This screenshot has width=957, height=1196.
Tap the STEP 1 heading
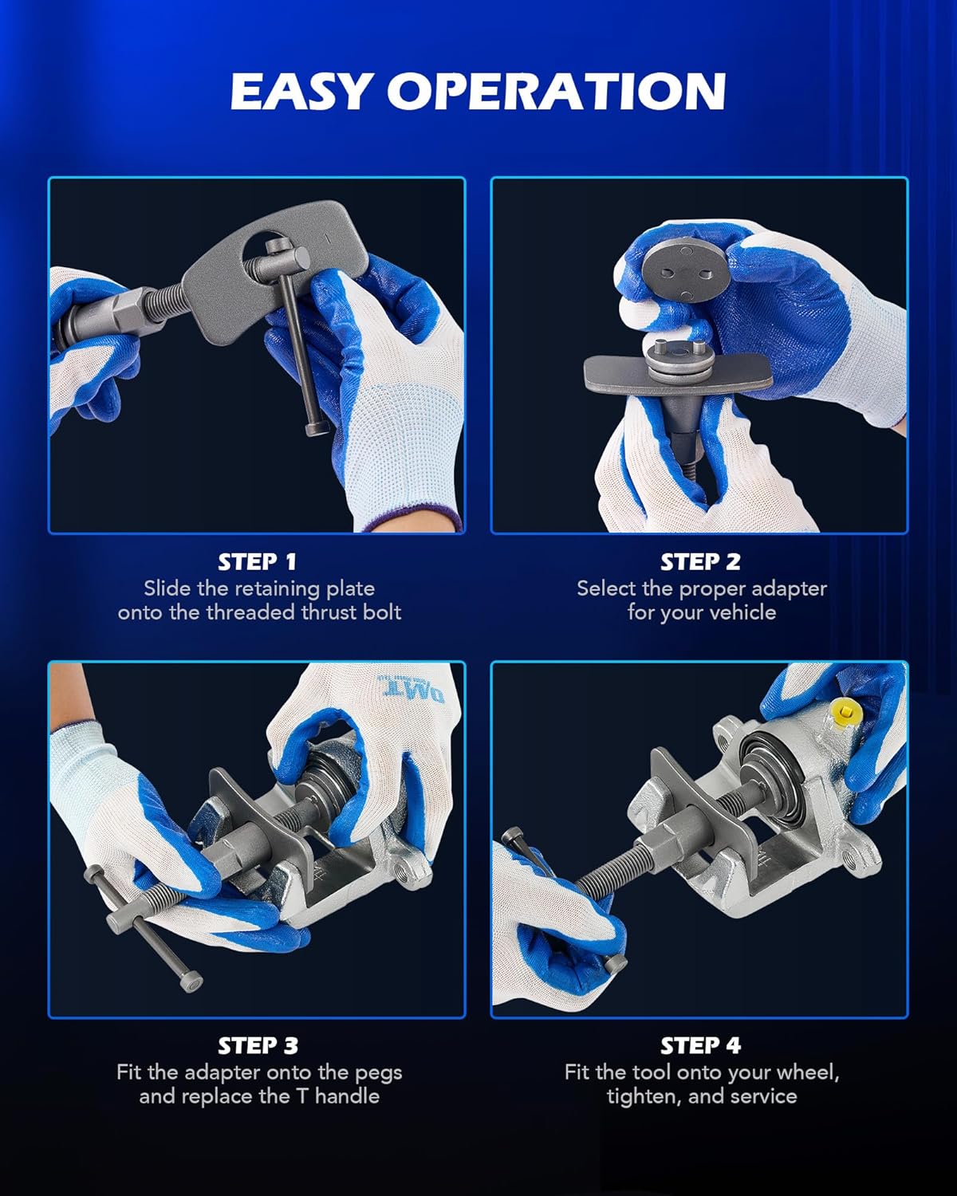(x=258, y=561)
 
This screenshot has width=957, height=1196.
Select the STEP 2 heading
(x=700, y=561)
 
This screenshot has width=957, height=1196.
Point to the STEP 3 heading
(x=258, y=1045)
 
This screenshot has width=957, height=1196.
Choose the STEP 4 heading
(x=700, y=1045)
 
